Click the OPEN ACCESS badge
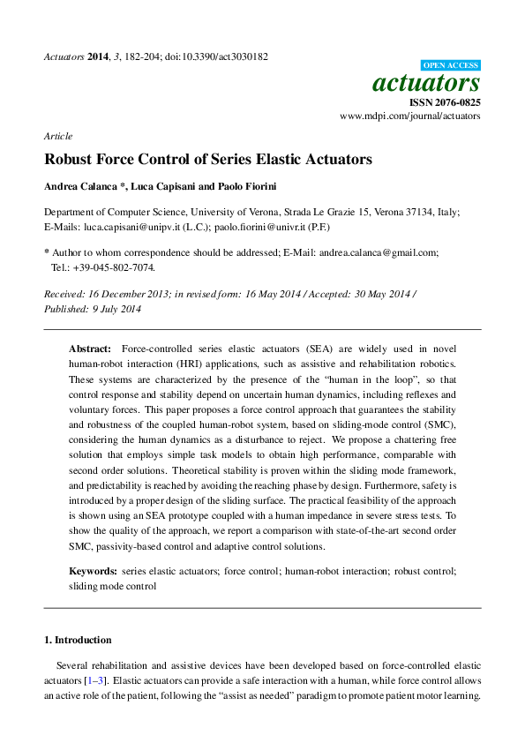[x=451, y=65]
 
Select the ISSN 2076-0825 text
[x=446, y=102]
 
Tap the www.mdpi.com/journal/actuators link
[x=410, y=116]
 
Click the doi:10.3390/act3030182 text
[x=216, y=56]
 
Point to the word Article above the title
[x=57, y=136]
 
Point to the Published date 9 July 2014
[x=117, y=309]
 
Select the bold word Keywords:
[x=93, y=571]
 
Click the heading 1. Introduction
[x=78, y=640]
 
